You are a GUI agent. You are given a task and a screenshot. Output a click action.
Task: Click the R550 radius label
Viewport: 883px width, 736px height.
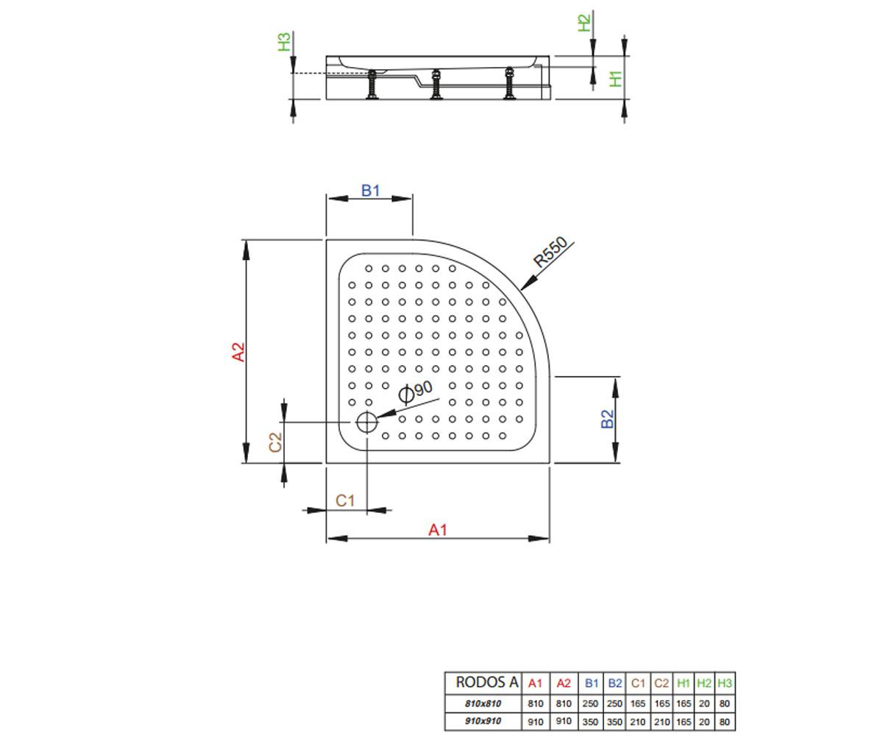point(550,252)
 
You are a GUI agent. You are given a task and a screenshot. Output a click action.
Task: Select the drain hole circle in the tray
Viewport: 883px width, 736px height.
point(366,422)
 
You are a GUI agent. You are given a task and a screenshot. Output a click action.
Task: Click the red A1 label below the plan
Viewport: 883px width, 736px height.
point(437,530)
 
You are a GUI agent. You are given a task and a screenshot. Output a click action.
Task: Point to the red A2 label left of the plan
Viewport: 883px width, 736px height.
point(238,352)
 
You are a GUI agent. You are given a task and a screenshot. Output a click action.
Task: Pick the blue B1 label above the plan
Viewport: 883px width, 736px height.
point(370,191)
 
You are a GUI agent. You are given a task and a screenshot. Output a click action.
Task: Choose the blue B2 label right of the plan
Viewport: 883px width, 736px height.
point(607,419)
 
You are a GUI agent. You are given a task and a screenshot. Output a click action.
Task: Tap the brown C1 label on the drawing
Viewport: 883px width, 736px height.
point(344,500)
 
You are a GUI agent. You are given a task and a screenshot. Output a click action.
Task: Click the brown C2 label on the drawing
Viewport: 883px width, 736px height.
point(275,442)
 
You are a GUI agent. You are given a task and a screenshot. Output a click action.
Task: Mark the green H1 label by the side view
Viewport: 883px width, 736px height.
point(616,79)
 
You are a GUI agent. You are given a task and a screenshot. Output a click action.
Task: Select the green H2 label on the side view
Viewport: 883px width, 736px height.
point(584,23)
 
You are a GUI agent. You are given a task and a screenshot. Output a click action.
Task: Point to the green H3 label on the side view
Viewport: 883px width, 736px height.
point(284,42)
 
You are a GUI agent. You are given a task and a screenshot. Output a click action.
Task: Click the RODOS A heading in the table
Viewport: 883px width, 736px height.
point(486,682)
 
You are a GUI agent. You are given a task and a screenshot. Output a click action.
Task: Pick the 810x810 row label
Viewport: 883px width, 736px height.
point(483,704)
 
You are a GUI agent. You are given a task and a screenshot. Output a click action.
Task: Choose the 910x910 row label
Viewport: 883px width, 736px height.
point(483,721)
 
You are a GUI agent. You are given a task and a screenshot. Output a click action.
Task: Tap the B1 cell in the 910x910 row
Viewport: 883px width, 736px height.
point(590,721)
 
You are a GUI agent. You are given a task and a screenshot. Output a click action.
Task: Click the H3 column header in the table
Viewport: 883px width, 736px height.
point(724,683)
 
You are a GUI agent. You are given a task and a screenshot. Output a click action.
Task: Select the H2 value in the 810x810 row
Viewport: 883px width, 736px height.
point(704,704)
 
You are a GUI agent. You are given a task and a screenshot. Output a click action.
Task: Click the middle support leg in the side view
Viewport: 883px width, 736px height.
point(436,85)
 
